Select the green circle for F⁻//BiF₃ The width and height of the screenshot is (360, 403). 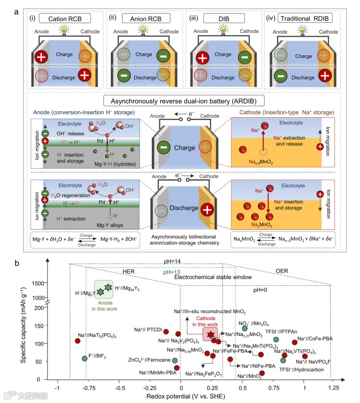tap(84, 358)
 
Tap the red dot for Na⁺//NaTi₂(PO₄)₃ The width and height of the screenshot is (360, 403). tap(78, 341)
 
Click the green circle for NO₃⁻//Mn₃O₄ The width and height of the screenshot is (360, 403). tap(245, 328)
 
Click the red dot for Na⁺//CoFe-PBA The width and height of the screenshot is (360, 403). tap(294, 342)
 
